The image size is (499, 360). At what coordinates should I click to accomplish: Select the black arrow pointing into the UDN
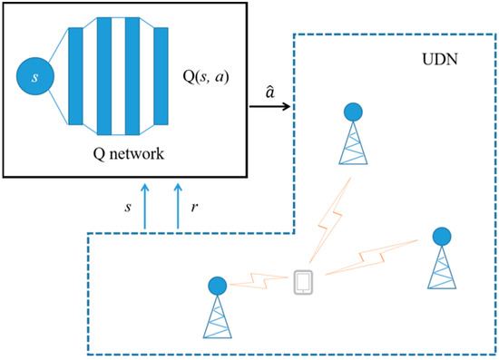click(271, 109)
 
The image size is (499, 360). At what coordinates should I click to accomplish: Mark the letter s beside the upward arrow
click(127, 207)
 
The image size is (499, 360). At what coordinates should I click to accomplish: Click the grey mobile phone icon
click(304, 283)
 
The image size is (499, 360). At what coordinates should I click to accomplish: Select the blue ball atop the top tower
click(353, 112)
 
